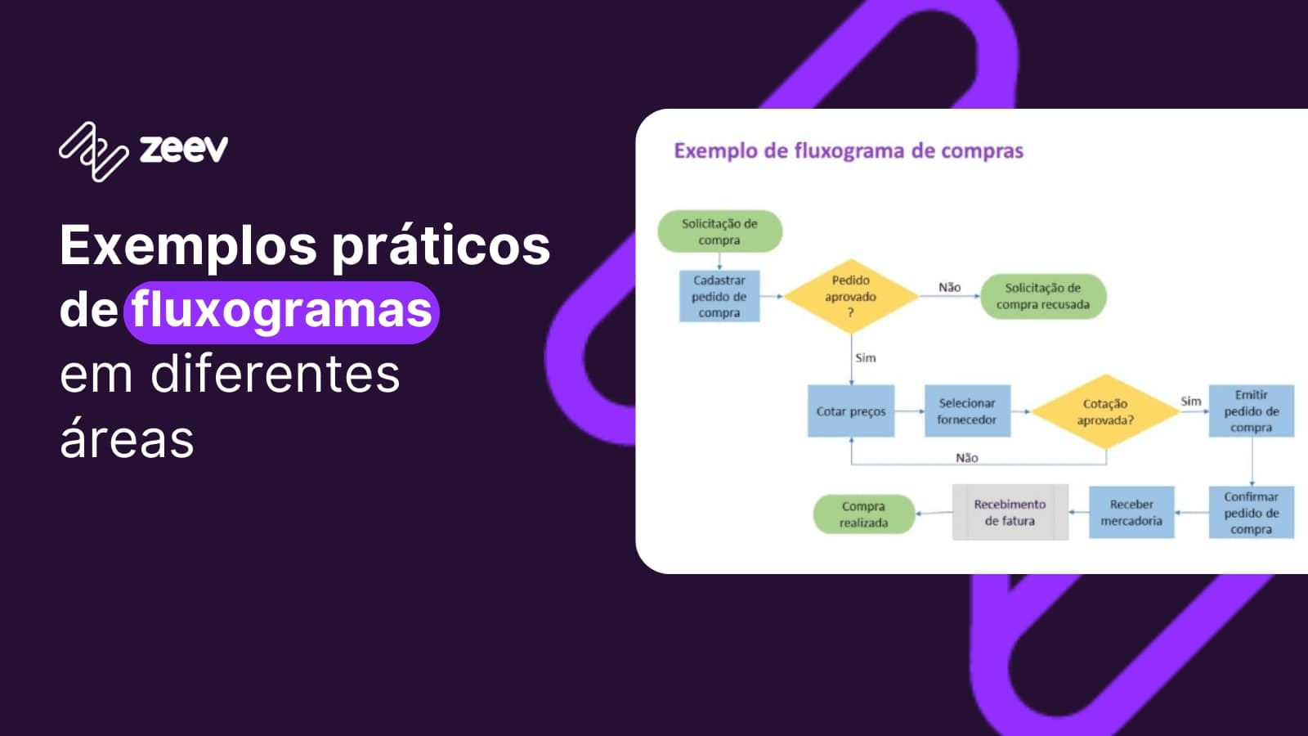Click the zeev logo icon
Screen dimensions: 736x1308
93,151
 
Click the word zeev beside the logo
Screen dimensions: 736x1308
184,150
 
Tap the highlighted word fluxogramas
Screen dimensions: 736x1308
282,311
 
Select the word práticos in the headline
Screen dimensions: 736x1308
441,246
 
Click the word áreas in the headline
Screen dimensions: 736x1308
128,439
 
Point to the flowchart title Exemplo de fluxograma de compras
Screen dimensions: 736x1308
848,151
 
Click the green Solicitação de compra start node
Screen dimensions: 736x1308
719,231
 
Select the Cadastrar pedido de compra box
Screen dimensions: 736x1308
719,296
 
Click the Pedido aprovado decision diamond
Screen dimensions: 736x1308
850,296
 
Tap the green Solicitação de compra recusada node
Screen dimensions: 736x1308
1042,296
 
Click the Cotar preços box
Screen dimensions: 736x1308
850,411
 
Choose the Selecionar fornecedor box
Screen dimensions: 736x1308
967,411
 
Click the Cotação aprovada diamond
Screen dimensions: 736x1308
1105,411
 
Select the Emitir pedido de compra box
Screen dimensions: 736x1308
1251,411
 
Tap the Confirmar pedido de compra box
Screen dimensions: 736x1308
1251,513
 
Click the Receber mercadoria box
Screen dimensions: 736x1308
1131,513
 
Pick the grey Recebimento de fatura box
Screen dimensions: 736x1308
1010,513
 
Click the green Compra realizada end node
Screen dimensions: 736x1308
863,514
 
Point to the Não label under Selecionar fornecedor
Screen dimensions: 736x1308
967,458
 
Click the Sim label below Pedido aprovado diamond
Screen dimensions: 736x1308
865,358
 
